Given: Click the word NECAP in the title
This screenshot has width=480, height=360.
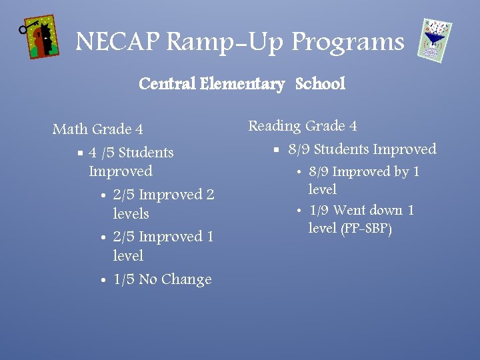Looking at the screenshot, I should coord(117,42).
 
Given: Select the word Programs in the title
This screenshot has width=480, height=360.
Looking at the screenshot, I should coord(348,42).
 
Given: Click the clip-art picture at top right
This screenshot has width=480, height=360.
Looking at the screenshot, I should coord(435,40).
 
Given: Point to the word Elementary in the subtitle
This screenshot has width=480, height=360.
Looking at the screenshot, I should coord(242,84).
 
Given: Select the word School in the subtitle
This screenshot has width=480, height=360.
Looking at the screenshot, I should coord(320,84).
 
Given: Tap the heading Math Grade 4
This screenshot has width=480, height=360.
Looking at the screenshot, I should coord(98,129).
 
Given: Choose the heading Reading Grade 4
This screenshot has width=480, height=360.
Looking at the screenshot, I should coord(303,125).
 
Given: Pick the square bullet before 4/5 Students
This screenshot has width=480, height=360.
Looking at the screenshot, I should coord(80,153).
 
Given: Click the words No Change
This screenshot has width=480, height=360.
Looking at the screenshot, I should coord(175,279).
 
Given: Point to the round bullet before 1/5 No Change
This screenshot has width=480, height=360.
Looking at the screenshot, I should coord(103,281).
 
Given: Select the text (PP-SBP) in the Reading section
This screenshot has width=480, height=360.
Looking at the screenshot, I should coord(367,229).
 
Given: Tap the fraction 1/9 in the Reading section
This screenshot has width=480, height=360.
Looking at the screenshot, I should coord(319,211).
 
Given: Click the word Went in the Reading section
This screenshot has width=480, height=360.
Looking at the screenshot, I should coord(349,211).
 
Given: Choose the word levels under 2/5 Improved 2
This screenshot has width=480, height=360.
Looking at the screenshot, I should coord(131,214).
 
